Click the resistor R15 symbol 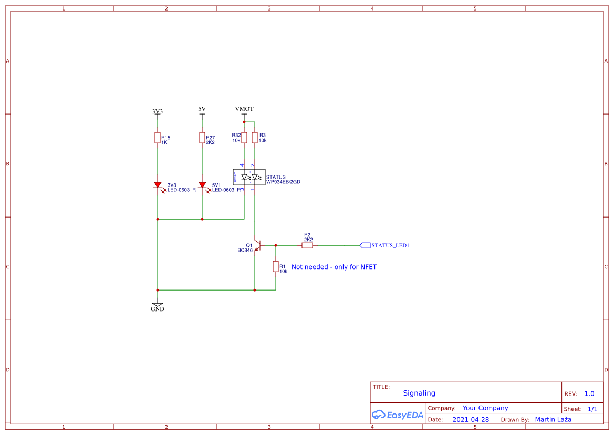point(157,138)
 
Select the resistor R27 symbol point(202,138)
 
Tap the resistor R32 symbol point(244,138)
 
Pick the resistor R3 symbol point(255,138)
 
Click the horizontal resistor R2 point(307,245)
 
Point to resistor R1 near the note point(275,266)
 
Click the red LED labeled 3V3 point(158,185)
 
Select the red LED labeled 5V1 point(202,185)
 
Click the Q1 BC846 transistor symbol point(257,245)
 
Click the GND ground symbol point(157,305)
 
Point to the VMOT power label point(244,109)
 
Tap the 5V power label point(202,109)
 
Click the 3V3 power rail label point(158,111)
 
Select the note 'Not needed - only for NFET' point(334,267)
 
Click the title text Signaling point(419,393)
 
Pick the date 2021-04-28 point(471,420)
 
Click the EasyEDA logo point(398,415)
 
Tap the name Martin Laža point(553,419)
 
